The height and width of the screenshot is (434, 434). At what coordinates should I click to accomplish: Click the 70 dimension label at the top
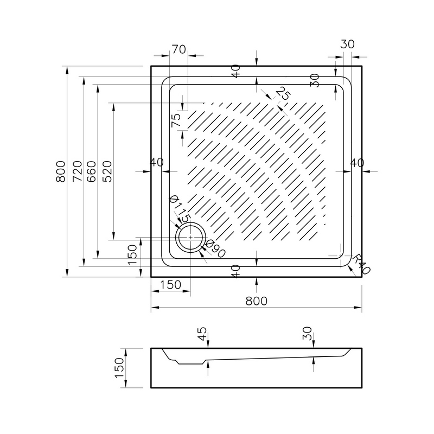(x=179, y=49)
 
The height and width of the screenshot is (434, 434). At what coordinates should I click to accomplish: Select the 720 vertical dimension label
(x=78, y=171)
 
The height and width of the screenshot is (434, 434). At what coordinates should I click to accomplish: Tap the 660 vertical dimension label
(x=91, y=171)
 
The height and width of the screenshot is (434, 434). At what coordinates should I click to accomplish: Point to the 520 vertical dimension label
(x=107, y=171)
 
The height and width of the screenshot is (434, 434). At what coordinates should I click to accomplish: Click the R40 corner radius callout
(x=361, y=264)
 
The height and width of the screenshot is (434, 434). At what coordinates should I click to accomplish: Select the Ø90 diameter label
(x=216, y=248)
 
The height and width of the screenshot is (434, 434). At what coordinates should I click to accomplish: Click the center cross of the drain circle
(x=191, y=238)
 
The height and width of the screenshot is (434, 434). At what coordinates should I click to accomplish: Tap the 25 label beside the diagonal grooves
(x=283, y=93)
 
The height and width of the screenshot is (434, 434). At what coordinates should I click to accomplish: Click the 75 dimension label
(x=176, y=120)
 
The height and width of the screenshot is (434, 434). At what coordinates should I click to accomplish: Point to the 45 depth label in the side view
(x=202, y=334)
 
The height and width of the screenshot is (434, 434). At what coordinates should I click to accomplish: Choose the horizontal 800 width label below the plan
(x=256, y=301)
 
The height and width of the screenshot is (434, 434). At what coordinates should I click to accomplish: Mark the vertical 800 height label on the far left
(x=61, y=171)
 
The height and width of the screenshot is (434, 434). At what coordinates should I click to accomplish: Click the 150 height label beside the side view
(x=119, y=368)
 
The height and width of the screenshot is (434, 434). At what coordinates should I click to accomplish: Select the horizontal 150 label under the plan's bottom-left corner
(x=170, y=285)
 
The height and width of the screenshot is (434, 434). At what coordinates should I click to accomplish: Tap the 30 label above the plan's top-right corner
(x=347, y=44)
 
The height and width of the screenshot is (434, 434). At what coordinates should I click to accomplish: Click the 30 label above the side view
(x=308, y=333)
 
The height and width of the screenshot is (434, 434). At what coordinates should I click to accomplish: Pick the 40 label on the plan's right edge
(x=357, y=163)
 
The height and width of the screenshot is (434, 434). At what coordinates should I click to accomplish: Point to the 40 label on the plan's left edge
(x=157, y=162)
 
